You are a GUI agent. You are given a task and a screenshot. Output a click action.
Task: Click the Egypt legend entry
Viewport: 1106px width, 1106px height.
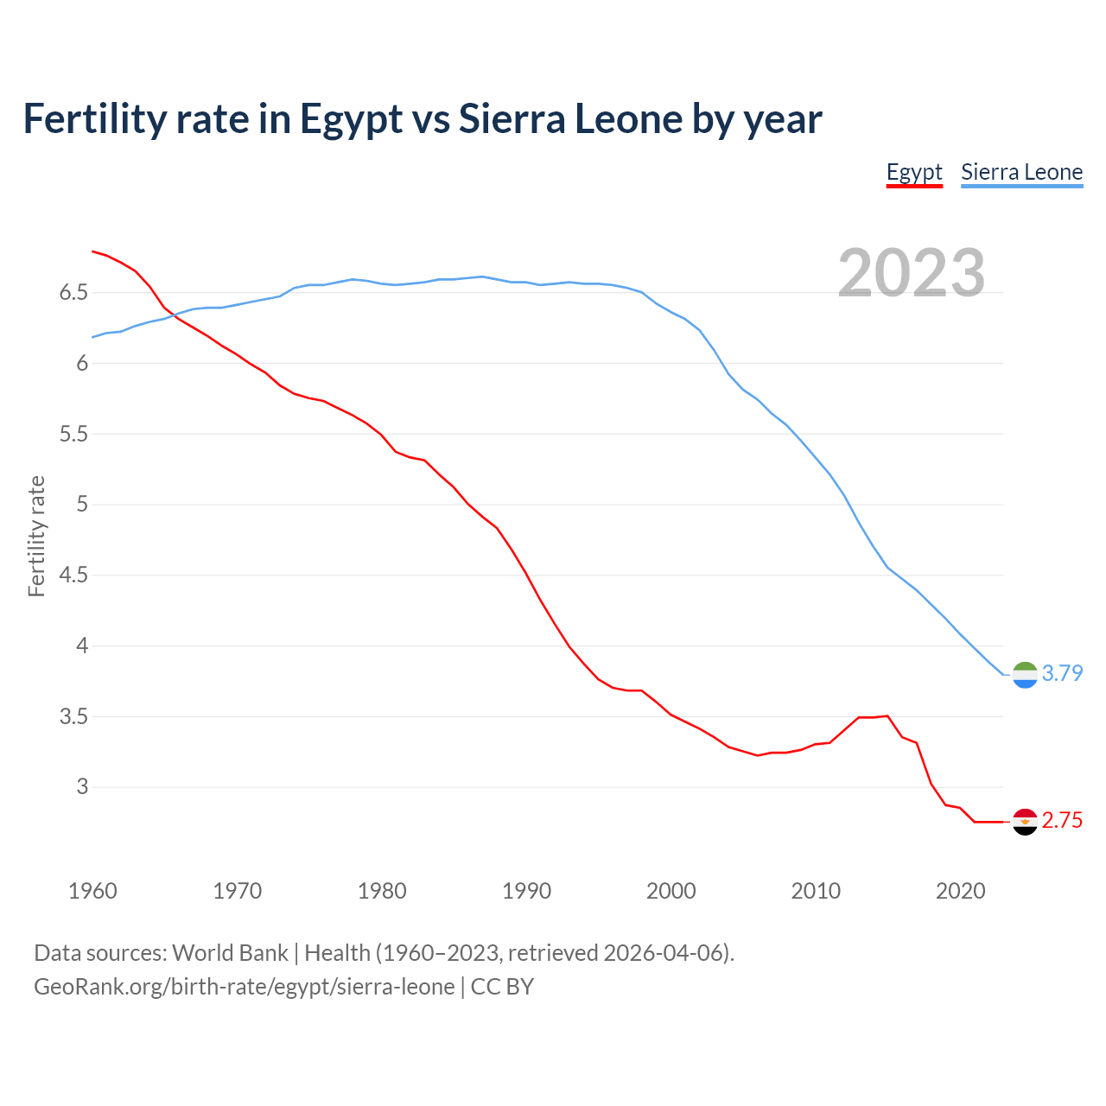[914, 172]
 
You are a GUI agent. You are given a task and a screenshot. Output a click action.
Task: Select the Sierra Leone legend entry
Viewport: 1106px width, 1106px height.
[1021, 172]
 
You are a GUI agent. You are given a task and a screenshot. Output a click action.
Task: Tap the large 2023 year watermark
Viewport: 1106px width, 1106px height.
[911, 273]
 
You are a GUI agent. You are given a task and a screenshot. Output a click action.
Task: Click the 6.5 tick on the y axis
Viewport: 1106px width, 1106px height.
[73, 293]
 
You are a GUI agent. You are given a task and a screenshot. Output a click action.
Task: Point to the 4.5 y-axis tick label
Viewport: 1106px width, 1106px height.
[73, 575]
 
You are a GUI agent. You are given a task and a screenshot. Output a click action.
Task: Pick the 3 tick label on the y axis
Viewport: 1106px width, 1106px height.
[82, 786]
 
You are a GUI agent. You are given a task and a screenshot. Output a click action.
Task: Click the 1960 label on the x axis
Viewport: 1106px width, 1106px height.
[92, 891]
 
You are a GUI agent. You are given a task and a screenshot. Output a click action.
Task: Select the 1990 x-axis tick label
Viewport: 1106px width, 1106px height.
[526, 891]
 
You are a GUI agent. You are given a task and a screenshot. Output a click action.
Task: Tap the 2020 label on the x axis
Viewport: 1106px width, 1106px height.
[960, 891]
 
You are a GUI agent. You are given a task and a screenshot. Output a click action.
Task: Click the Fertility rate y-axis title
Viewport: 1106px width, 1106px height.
[36, 536]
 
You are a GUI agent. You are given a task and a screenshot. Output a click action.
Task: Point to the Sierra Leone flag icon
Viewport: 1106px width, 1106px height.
[1025, 674]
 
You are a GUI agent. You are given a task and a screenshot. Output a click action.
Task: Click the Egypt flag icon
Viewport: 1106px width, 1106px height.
[1025, 822]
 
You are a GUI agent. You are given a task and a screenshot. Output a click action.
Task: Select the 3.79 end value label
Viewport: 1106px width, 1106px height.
[1062, 673]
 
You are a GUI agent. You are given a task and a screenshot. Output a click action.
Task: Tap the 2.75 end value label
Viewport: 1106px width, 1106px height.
[1062, 821]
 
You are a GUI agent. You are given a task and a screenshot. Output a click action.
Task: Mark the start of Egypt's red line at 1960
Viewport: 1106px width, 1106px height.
[92, 251]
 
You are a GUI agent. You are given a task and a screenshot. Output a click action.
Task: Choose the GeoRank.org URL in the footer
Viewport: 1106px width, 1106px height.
[244, 987]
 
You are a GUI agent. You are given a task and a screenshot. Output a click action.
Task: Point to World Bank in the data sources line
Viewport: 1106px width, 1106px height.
[230, 953]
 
